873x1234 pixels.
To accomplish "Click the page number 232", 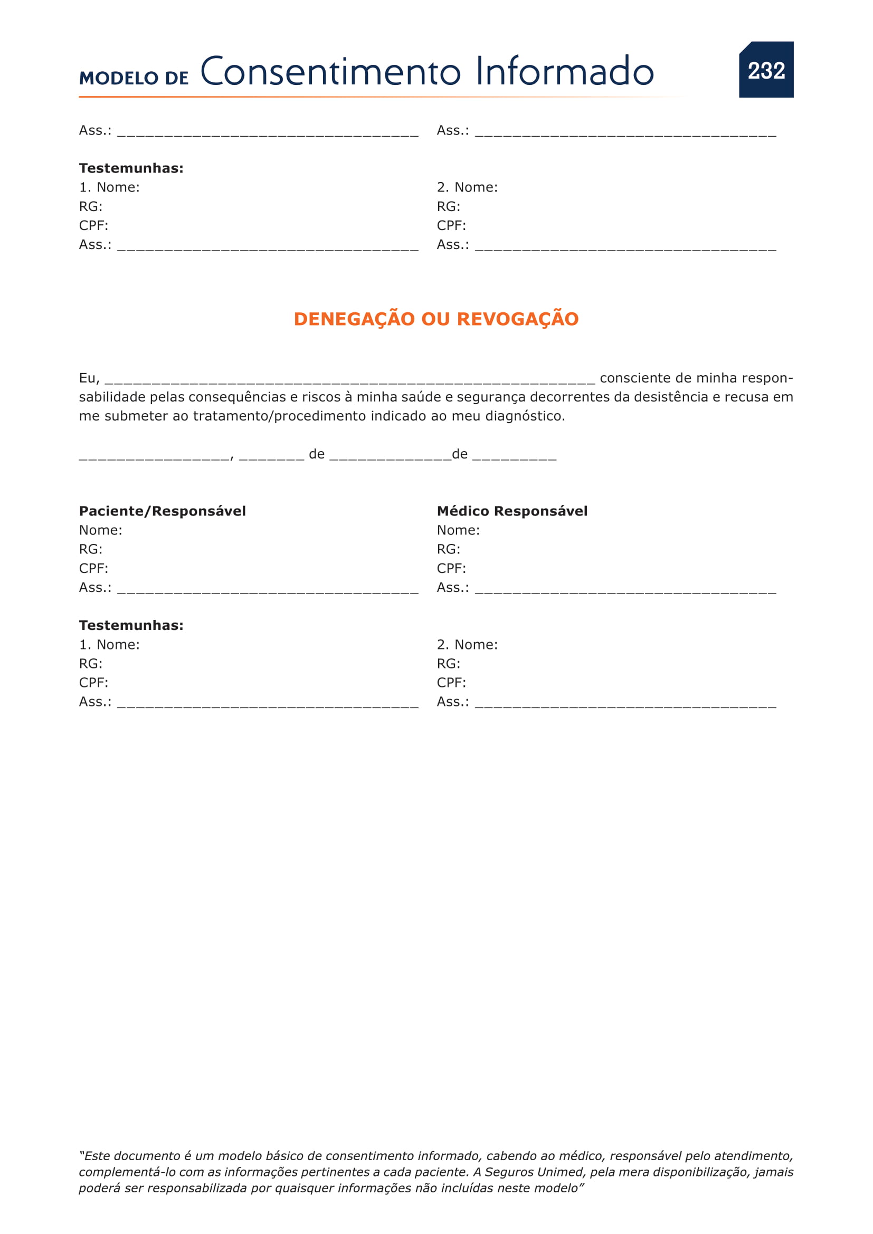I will (x=766, y=70).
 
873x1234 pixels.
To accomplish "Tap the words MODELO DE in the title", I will (x=134, y=78).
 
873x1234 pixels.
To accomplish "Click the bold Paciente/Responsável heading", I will (x=163, y=511).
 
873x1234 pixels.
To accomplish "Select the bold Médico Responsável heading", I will (x=512, y=511).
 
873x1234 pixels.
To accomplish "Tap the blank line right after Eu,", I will (x=349, y=379).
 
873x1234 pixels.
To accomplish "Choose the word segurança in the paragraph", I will (x=491, y=397).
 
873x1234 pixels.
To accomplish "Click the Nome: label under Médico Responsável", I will (x=458, y=530).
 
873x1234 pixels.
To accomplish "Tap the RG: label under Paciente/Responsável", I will (x=91, y=549).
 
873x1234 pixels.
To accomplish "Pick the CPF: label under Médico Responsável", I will (x=451, y=568).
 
